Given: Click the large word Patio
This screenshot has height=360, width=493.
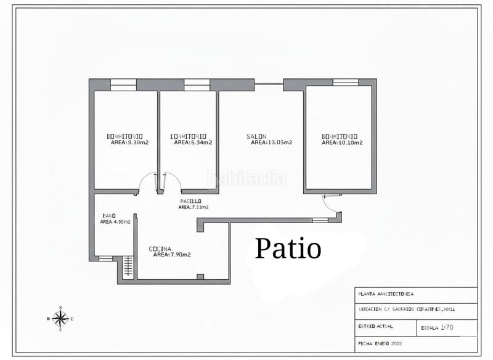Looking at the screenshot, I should tap(288, 249).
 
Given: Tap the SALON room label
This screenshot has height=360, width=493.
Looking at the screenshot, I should tap(256, 136).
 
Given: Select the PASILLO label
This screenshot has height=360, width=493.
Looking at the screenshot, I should tap(190, 202).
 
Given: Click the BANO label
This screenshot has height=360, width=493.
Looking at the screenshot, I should tap(108, 216).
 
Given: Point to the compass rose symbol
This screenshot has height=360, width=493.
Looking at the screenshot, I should tap(60, 318).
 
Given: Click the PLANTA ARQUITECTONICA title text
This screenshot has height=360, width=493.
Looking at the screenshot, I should tap(386, 294).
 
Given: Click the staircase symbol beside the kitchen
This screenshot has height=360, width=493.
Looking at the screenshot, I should tap(128, 266).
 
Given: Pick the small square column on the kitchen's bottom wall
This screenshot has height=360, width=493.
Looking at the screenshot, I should tap(199, 277).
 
